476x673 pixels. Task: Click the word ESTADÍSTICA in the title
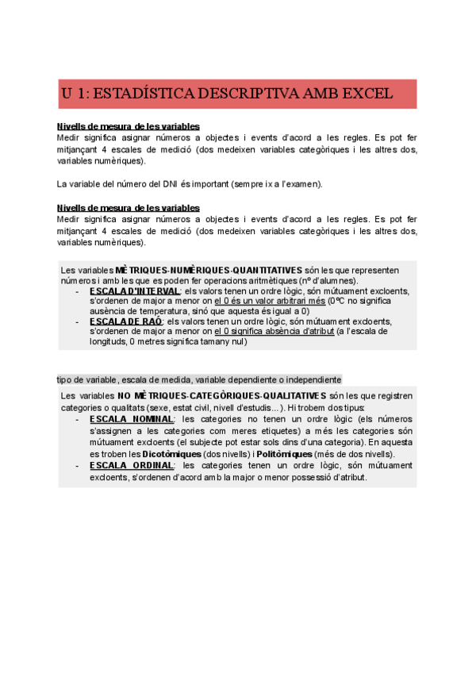[142, 94]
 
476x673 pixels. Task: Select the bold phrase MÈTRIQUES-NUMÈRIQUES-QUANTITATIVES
[209, 270]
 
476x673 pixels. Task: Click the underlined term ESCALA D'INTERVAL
[134, 290]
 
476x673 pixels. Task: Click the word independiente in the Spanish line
[312, 379]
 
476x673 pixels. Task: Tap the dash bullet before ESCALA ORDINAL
[76, 466]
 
